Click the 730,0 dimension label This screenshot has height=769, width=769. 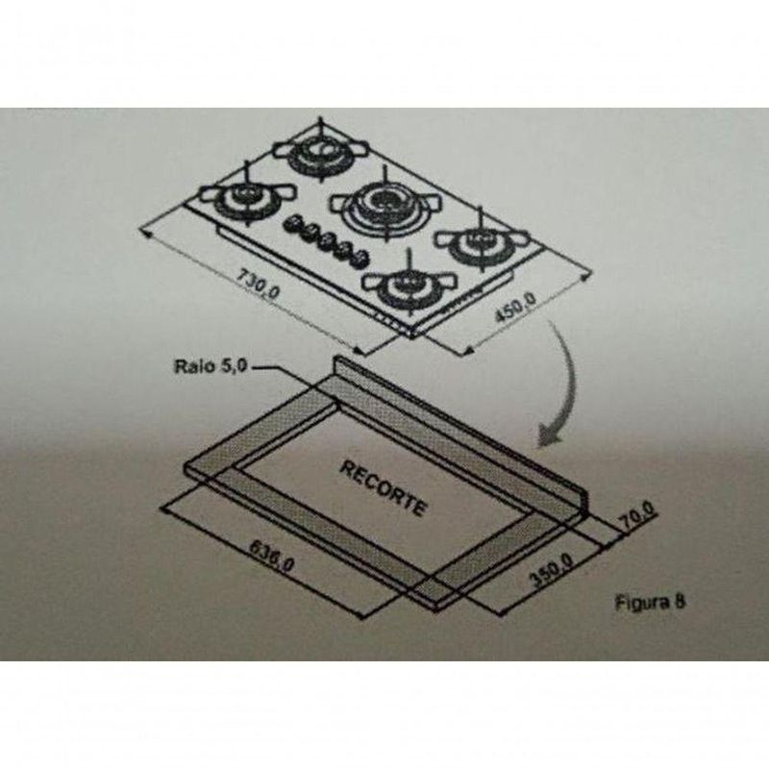point(259,283)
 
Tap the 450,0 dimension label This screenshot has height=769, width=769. point(515,308)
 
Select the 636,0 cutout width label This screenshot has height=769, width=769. point(273,556)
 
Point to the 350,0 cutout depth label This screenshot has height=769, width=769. point(551,571)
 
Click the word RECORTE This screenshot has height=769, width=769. point(383,488)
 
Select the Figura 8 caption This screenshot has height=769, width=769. point(650,603)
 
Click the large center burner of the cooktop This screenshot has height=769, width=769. point(385,205)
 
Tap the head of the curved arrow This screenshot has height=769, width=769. point(548,435)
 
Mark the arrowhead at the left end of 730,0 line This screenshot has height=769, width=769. point(145,235)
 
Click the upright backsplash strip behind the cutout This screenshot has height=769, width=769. point(460,433)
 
